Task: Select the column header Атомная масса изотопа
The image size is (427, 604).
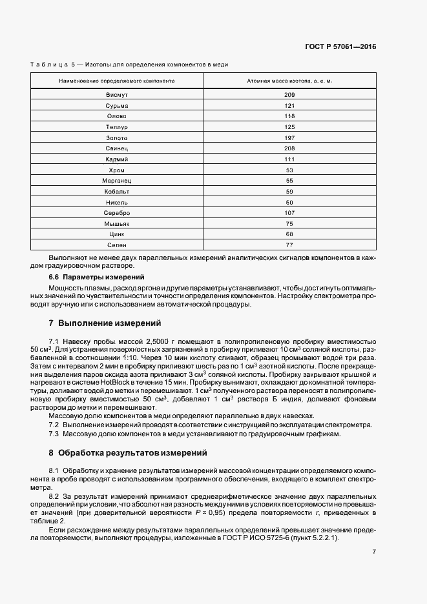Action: [289, 82]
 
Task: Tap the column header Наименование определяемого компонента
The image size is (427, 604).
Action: [117, 82]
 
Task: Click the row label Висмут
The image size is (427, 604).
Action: [117, 95]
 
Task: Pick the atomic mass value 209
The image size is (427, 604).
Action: [289, 95]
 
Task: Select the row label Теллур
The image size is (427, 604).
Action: [117, 127]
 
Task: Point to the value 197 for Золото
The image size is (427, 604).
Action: [289, 138]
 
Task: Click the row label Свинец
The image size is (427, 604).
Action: [117, 148]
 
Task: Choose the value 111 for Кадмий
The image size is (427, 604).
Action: [289, 159]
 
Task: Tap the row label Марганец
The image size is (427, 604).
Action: [117, 181]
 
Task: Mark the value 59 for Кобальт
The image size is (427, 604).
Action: [289, 192]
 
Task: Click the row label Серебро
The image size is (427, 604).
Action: [117, 213]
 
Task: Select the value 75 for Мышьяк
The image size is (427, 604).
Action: [289, 223]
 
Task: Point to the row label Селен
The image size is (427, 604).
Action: [117, 245]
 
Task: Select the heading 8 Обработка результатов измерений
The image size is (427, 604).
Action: [127, 453]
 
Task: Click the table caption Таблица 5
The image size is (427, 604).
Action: [53, 65]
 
